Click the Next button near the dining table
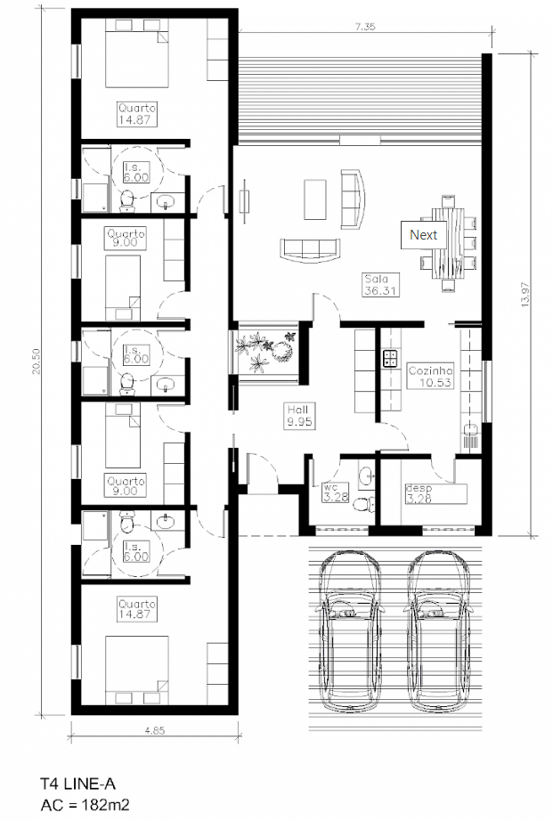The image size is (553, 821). click(x=423, y=234)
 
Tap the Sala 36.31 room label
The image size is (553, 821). click(x=380, y=284)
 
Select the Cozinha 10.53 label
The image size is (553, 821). click(x=430, y=376)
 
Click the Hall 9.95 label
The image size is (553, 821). click(x=299, y=415)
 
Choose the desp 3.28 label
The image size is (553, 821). click(x=419, y=493)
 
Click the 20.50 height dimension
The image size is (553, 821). click(x=37, y=362)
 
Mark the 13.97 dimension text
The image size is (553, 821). click(x=525, y=294)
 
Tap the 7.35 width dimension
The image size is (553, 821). click(x=364, y=26)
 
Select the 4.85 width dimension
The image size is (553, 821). click(x=155, y=730)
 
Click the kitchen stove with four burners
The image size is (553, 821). click(x=390, y=358)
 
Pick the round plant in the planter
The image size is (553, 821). click(x=283, y=351)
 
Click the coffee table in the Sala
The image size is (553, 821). click(x=314, y=199)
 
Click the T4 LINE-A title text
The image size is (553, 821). click(x=78, y=784)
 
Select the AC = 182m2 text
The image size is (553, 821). click(x=85, y=804)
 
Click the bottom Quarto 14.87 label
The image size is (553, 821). click(x=136, y=609)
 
